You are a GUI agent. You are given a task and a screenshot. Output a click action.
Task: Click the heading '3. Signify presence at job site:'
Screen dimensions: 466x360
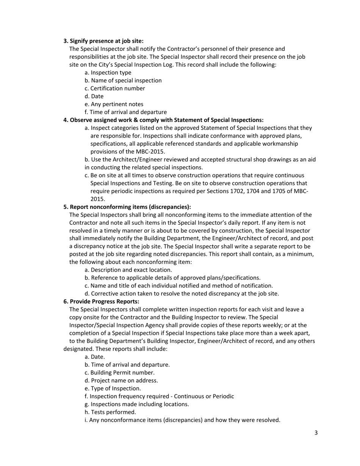pyautogui.click(x=103, y=41)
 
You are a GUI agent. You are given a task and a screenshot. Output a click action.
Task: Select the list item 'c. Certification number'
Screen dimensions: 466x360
pyautogui.click(x=114, y=88)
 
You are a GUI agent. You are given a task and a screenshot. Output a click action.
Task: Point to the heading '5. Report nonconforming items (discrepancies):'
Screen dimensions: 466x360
pyautogui.click(x=127, y=207)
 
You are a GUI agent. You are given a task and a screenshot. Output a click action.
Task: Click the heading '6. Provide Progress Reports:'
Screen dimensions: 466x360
pyautogui.click(x=101, y=302)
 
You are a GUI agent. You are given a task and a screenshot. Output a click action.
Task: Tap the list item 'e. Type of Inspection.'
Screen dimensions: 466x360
pyautogui.click(x=113, y=388)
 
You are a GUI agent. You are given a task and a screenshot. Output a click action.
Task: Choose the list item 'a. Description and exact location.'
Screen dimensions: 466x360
pyautogui.click(x=128, y=270)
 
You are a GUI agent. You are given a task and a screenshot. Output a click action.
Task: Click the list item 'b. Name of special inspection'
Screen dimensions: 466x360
pyautogui.click(x=123, y=80)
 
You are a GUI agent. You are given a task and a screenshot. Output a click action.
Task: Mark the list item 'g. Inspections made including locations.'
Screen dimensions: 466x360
pyautogui.click(x=137, y=404)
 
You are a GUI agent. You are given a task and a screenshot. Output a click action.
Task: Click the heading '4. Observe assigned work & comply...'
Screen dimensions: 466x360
pyautogui.click(x=163, y=120)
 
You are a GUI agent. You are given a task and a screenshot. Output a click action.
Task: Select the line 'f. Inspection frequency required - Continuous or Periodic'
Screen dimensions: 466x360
pyautogui.click(x=159, y=396)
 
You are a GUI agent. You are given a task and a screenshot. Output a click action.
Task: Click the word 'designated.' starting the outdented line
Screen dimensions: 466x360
pyautogui.click(x=77, y=349)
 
